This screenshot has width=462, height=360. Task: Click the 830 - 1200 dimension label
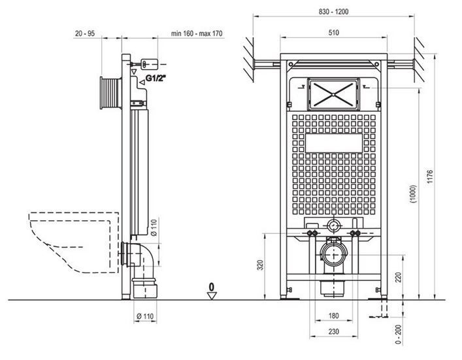pyautogui.click(x=333, y=12)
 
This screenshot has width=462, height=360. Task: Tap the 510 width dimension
pyautogui.click(x=333, y=33)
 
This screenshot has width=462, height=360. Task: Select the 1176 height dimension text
pyautogui.click(x=430, y=177)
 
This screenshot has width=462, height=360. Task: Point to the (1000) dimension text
pyautogui.click(x=414, y=194)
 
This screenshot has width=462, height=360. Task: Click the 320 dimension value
pyautogui.click(x=260, y=265)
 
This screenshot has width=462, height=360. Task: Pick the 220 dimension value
pyautogui.click(x=399, y=277)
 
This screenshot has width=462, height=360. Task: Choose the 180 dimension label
pyautogui.click(x=333, y=316)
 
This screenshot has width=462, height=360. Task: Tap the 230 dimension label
pyautogui.click(x=333, y=332)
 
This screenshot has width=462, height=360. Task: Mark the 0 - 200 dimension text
pyautogui.click(x=399, y=335)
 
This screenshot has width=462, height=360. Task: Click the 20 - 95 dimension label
pyautogui.click(x=85, y=33)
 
